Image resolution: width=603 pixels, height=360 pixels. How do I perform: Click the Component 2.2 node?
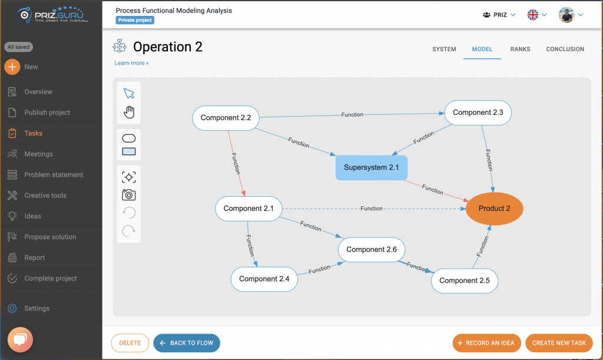click(226, 118)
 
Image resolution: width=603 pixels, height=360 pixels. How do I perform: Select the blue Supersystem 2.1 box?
click(372, 167)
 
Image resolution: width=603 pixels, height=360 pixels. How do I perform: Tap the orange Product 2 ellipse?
click(495, 209)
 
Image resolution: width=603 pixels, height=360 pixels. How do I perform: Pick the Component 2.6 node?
click(372, 250)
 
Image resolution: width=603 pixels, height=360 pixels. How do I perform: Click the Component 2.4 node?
click(264, 279)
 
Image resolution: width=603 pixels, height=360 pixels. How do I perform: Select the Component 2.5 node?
click(465, 281)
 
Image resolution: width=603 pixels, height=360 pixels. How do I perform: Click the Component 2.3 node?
click(478, 113)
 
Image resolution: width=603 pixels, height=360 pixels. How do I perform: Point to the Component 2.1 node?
click(249, 209)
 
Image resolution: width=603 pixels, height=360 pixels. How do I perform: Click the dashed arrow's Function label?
click(372, 209)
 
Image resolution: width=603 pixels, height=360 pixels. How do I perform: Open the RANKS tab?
click(520, 49)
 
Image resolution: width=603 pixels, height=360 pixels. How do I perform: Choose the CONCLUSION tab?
click(565, 49)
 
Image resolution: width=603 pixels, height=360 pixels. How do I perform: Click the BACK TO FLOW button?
click(187, 343)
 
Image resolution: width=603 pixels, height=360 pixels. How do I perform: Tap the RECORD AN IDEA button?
click(486, 343)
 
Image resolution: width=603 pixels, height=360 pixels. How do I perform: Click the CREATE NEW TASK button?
click(559, 343)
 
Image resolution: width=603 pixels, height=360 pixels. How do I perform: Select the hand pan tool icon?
click(129, 112)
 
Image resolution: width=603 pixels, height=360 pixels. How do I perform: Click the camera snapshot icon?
click(129, 195)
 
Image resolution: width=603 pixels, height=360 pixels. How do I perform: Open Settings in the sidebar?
click(37, 309)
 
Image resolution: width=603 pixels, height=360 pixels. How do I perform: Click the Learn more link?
click(131, 63)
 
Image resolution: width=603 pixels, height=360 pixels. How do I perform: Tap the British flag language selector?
click(533, 15)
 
